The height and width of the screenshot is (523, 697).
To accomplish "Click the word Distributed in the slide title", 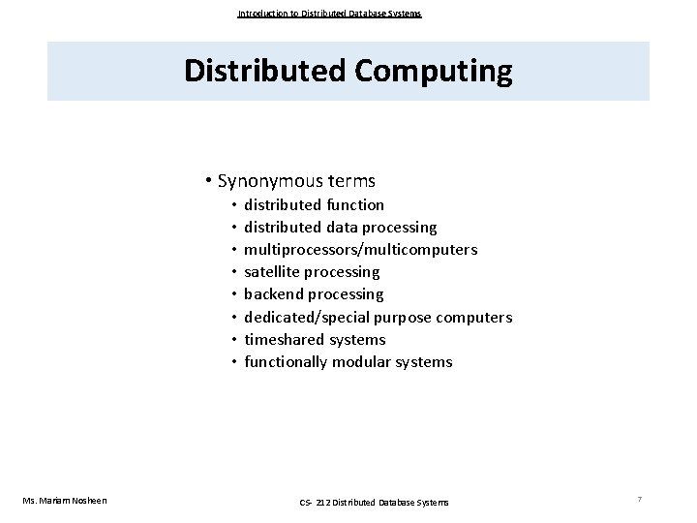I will tap(257, 72).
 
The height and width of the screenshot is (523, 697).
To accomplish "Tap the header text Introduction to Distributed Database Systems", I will tap(329, 14).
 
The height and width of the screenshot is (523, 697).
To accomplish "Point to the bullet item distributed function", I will tap(314, 204).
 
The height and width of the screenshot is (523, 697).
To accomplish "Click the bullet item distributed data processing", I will tap(340, 227).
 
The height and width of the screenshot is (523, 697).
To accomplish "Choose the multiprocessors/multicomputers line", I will tap(360, 249).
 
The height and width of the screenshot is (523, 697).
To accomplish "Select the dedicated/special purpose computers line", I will tap(378, 317).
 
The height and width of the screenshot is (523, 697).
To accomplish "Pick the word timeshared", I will tap(283, 339).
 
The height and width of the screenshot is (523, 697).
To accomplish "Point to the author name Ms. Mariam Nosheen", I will tap(65, 500).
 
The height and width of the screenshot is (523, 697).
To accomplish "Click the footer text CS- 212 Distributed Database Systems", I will tap(373, 501).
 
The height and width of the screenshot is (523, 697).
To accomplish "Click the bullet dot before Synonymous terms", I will tap(209, 181).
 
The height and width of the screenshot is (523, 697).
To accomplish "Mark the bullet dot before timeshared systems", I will tap(234, 340).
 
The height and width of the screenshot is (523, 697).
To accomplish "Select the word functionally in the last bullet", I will tap(286, 361).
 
